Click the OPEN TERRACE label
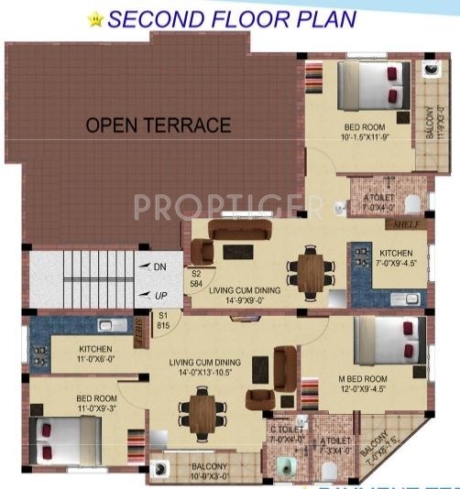pos(159,125)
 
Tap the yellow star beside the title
pos(95,17)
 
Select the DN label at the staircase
pos(157,266)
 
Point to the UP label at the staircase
pos(157,294)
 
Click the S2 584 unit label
pos(195,278)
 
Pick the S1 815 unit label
pos(163,321)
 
